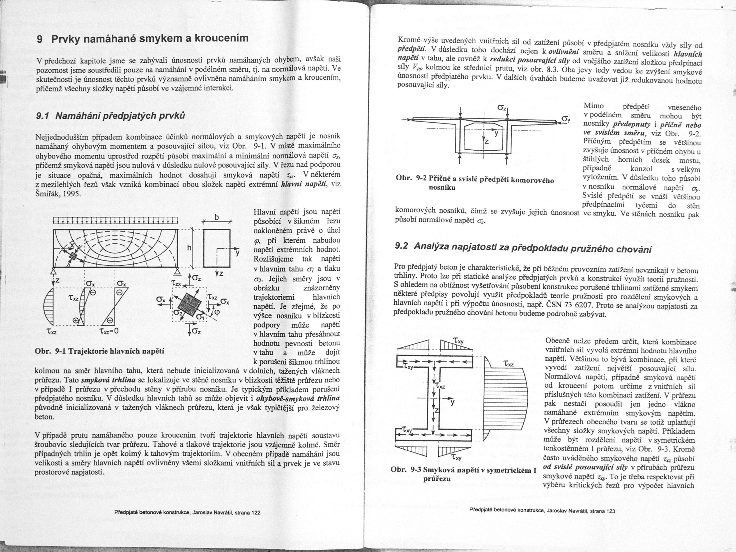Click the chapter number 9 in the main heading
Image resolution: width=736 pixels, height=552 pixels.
(x=40, y=40)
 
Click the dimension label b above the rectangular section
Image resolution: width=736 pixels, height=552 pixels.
(x=217, y=218)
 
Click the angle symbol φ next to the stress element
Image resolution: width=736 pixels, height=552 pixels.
(x=218, y=312)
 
